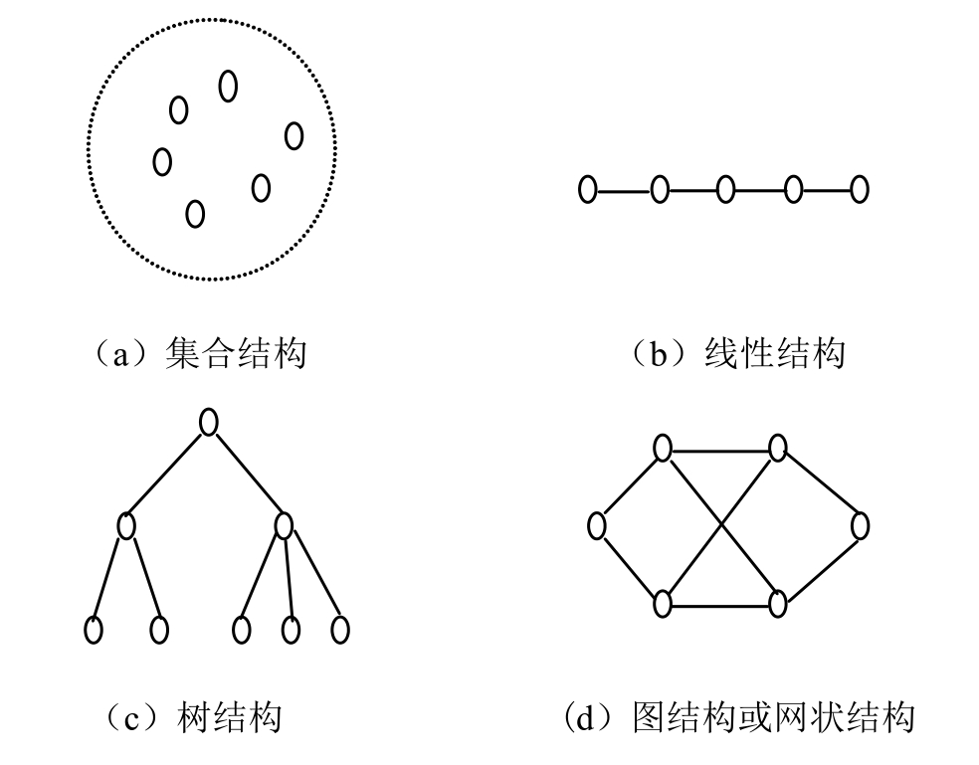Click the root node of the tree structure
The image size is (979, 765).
(x=208, y=422)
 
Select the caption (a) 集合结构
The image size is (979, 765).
(x=195, y=353)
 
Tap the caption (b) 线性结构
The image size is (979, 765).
(x=738, y=353)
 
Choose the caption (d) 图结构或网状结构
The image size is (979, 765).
(x=738, y=716)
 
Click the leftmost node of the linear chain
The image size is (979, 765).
(x=588, y=188)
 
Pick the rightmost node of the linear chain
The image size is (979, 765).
(x=860, y=188)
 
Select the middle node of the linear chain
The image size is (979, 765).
(x=725, y=188)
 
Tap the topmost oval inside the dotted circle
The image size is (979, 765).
(x=228, y=87)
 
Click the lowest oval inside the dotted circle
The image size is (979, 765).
(x=195, y=213)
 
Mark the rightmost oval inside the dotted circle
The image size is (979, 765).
(x=294, y=134)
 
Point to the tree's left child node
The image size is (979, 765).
(x=126, y=524)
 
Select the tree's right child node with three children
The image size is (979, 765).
(x=284, y=524)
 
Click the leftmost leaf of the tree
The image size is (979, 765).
(x=94, y=629)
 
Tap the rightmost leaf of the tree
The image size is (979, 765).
(x=340, y=629)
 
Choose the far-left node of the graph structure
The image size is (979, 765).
(x=597, y=525)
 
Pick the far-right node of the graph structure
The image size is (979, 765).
(x=860, y=525)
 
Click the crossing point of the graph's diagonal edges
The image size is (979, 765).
(x=720, y=525)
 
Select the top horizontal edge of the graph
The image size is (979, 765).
(x=720, y=450)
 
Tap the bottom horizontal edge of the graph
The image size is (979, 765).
(x=720, y=603)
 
